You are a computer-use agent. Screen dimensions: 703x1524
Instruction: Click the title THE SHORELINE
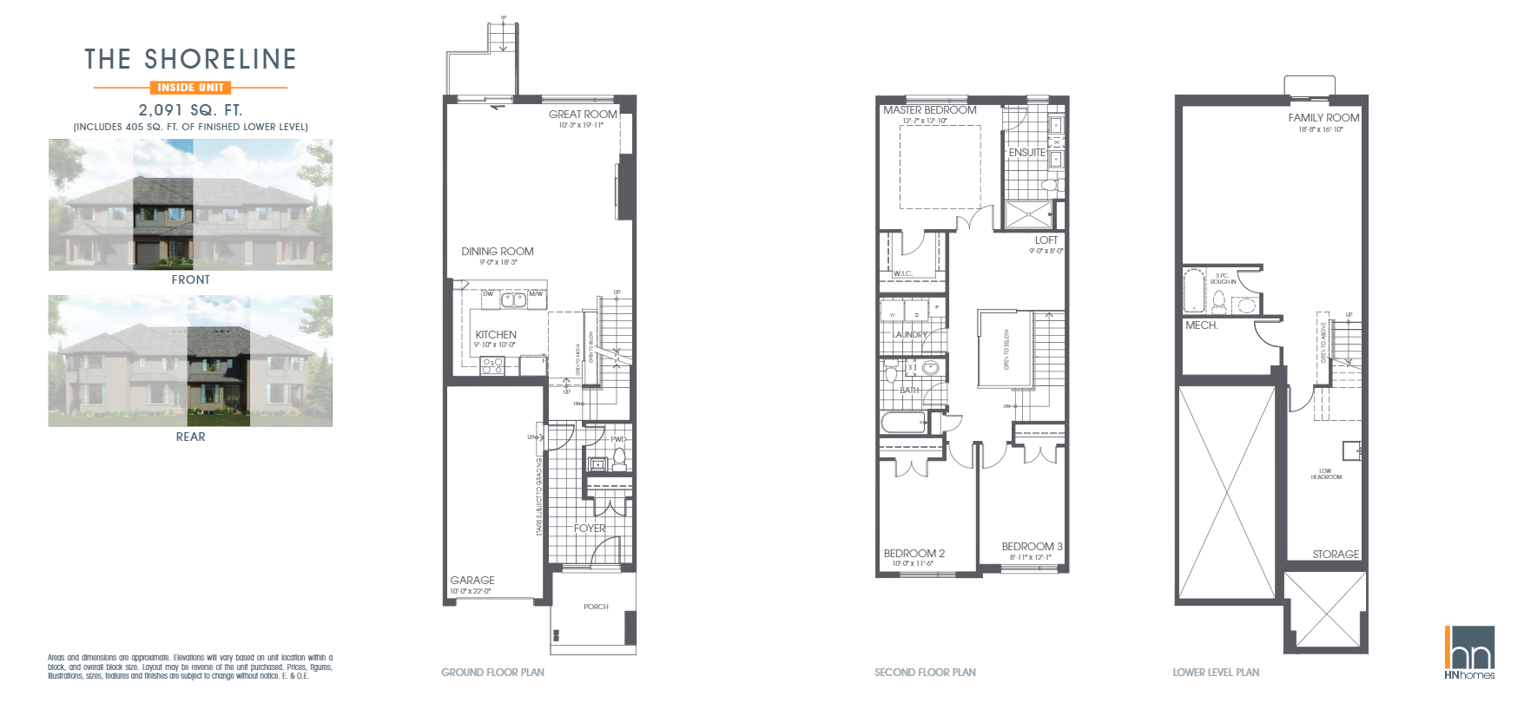click(190, 59)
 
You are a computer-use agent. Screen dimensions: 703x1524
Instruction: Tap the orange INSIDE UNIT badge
click(190, 88)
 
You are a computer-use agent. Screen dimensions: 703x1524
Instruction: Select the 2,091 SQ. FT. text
click(190, 110)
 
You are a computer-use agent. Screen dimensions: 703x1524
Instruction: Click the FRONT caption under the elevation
click(190, 279)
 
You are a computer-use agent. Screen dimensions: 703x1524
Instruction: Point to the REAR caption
click(190, 437)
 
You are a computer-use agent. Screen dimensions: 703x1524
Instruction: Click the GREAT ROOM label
click(583, 115)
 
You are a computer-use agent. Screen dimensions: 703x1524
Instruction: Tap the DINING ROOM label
click(498, 252)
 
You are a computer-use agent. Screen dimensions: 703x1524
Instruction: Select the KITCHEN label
click(496, 335)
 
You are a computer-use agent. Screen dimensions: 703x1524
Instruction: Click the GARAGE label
click(472, 581)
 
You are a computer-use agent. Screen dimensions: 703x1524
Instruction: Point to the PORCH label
click(596, 607)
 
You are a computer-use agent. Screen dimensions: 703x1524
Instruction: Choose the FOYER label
click(590, 528)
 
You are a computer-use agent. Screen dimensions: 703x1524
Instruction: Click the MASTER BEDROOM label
click(929, 110)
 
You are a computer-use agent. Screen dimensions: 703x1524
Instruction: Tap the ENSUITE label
click(1026, 153)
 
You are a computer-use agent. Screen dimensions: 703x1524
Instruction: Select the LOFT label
click(1046, 240)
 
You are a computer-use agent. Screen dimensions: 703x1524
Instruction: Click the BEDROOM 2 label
click(914, 554)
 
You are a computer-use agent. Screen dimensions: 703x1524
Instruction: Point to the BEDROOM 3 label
click(1032, 547)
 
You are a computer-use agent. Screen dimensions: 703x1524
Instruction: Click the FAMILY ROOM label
click(1323, 118)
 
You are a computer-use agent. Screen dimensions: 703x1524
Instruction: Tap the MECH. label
click(1202, 325)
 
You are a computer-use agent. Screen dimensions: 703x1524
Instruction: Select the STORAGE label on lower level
click(1335, 554)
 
